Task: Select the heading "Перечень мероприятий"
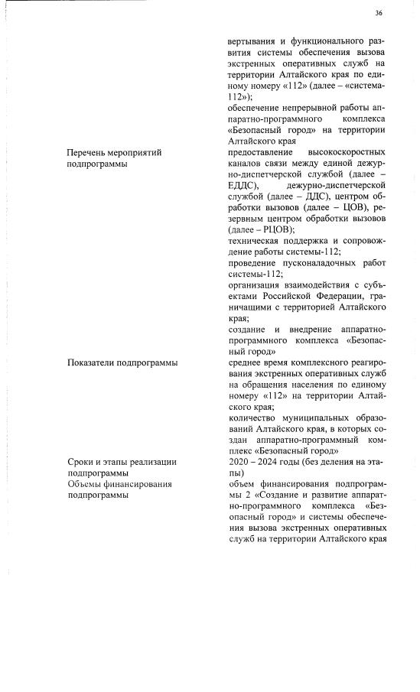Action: tap(114, 153)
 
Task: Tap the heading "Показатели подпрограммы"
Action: tap(122, 362)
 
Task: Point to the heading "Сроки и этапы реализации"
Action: tap(122, 462)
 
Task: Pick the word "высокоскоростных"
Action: tap(345, 153)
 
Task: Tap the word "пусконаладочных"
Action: tap(318, 262)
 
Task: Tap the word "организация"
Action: tap(259, 284)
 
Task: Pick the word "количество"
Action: tap(255, 417)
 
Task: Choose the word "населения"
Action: tap(316, 385)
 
